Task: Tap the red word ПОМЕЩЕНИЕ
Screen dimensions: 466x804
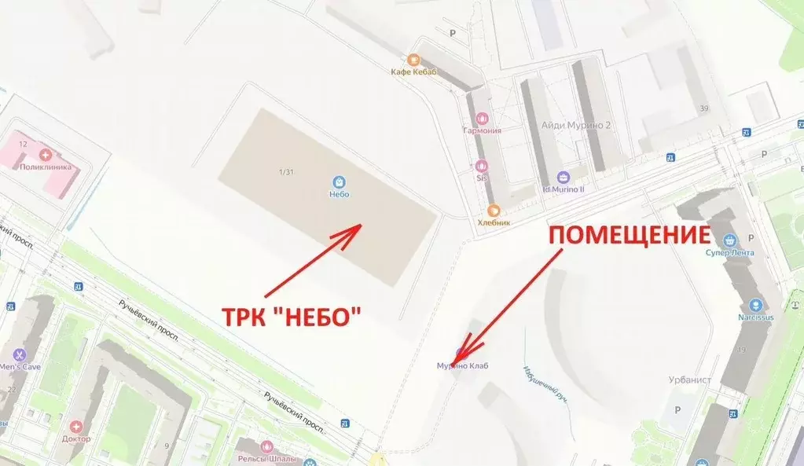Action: pyautogui.click(x=629, y=235)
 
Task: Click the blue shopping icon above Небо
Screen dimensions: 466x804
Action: pyautogui.click(x=340, y=181)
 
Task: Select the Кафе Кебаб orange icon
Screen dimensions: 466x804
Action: pyautogui.click(x=413, y=60)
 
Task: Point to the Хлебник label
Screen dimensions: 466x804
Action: pyautogui.click(x=494, y=222)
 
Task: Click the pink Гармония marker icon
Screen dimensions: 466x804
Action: pyautogui.click(x=481, y=118)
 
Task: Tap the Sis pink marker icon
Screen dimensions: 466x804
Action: pyautogui.click(x=482, y=165)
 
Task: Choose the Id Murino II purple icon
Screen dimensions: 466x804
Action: pyautogui.click(x=563, y=177)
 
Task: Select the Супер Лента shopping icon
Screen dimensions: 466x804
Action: pyautogui.click(x=730, y=240)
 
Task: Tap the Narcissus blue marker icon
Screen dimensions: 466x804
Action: pyautogui.click(x=755, y=305)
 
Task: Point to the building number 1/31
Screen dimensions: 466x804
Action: pyautogui.click(x=286, y=172)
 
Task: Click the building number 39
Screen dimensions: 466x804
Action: pyautogui.click(x=704, y=108)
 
